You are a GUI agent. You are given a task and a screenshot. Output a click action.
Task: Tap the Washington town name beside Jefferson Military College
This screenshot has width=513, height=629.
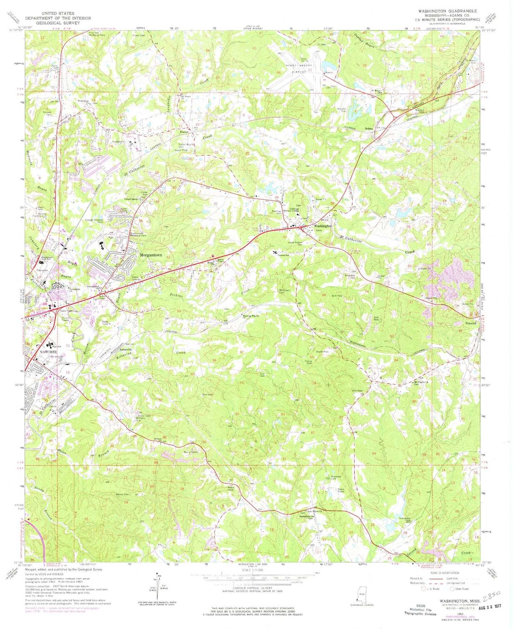click(323, 226)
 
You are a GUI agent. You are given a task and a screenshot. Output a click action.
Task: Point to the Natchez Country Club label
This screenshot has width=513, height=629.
click(42, 215)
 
